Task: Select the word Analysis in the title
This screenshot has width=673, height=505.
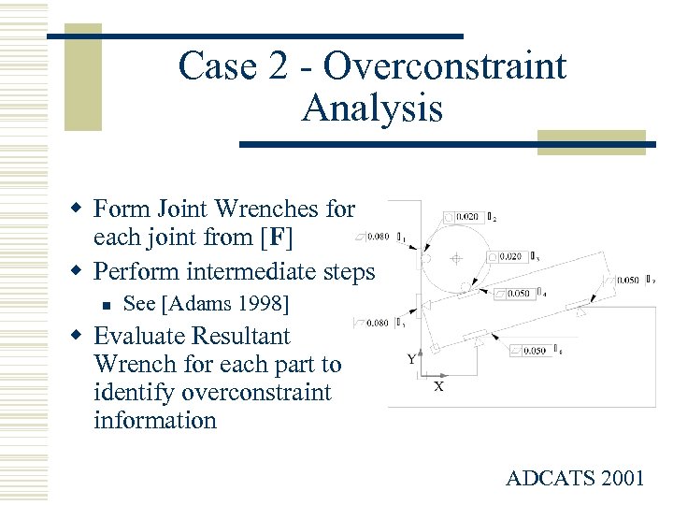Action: click(x=372, y=108)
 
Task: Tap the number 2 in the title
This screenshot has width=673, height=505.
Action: click(x=270, y=67)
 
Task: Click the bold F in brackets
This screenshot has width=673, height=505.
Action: click(x=277, y=238)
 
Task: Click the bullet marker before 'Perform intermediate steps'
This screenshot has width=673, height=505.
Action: click(x=81, y=272)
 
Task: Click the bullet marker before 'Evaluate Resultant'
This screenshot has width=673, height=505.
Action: click(x=81, y=336)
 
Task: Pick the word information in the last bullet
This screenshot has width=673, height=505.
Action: click(x=155, y=420)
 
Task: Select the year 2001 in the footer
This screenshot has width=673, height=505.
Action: click(x=622, y=479)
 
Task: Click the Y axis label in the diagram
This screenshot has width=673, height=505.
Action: click(x=411, y=358)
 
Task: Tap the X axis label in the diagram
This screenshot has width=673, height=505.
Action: click(x=437, y=385)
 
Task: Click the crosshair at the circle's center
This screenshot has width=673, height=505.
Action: click(x=456, y=258)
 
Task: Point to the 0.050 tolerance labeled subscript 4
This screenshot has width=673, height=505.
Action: click(x=519, y=294)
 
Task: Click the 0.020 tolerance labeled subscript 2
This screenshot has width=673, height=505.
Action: click(x=468, y=217)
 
